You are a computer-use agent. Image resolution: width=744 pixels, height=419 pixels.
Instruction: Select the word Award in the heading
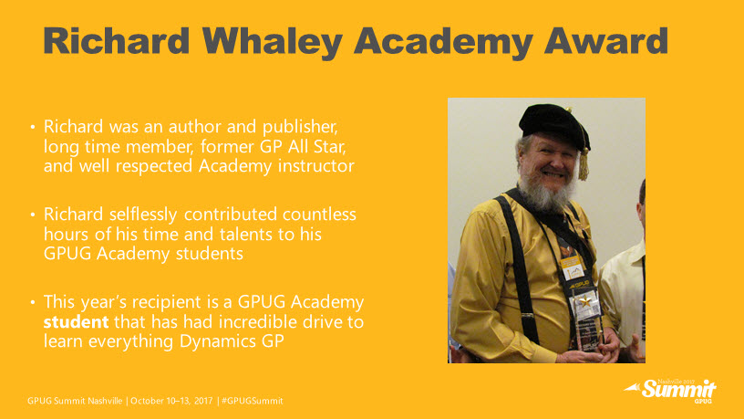point(606,41)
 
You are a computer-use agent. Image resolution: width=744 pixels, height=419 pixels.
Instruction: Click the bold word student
point(76,322)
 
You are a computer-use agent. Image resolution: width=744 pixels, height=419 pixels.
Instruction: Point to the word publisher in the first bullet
point(300,127)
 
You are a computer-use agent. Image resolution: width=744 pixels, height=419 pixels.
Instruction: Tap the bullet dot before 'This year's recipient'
point(32,302)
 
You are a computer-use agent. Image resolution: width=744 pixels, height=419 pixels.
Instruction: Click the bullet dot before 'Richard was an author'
point(32,127)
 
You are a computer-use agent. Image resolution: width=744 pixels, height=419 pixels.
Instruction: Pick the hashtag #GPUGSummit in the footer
point(252,401)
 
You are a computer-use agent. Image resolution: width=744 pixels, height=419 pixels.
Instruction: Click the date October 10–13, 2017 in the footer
point(171,401)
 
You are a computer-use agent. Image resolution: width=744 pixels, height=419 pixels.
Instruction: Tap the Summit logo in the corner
point(670,391)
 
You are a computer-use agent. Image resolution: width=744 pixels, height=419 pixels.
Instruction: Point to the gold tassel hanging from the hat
point(584,164)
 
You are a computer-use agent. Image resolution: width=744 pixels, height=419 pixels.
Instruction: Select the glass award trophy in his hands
point(588,324)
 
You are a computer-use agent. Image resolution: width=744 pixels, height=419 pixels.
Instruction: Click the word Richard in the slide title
point(117,41)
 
